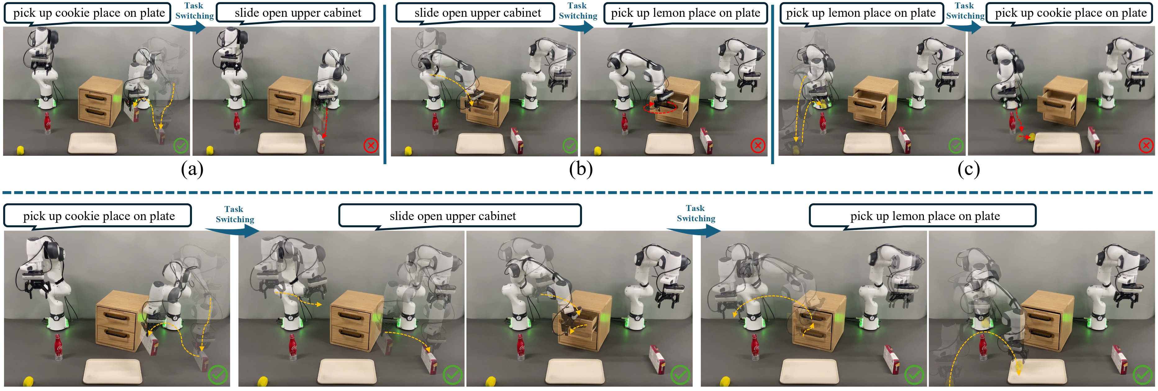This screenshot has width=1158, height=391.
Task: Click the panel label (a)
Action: pos(192,169)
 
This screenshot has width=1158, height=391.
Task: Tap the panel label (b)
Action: pos(581,169)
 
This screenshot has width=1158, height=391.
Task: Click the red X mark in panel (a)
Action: pos(371,145)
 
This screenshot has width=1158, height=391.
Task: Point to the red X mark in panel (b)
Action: pos(758,145)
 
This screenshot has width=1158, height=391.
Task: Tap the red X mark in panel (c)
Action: pos(1146,145)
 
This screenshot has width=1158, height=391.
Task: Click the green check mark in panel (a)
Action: pos(181,145)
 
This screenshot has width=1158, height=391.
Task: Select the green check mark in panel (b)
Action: pos(570,145)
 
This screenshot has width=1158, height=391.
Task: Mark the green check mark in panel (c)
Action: pos(956,145)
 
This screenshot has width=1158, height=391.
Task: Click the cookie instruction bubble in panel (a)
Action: pos(88,13)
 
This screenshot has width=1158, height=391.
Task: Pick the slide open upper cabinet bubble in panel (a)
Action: pos(296,13)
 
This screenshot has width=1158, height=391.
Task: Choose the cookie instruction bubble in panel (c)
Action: pos(1070,13)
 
